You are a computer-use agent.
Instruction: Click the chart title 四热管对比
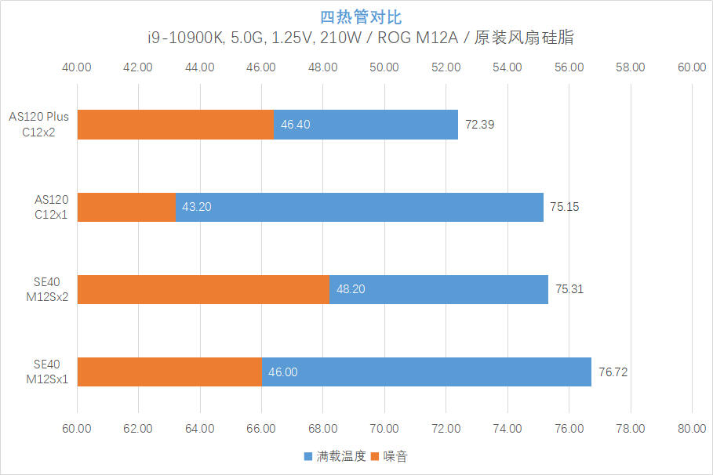(361, 17)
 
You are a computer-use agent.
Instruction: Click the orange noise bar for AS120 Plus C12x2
(176, 125)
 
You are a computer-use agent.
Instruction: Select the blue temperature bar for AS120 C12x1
(359, 207)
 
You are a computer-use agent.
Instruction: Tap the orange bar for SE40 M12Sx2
(203, 289)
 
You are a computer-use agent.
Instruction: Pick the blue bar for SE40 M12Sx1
(427, 372)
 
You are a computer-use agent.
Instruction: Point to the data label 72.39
(479, 125)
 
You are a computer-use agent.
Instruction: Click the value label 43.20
(196, 207)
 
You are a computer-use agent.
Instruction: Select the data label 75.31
(569, 289)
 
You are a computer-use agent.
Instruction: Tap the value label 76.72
(613, 372)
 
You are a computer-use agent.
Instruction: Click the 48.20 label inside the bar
(351, 289)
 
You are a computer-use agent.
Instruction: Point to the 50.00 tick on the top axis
(384, 67)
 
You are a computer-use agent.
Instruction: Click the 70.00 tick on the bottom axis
(384, 429)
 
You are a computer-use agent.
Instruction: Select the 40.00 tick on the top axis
(76, 67)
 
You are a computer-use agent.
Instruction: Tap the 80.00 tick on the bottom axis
(692, 429)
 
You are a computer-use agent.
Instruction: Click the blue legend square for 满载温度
(307, 456)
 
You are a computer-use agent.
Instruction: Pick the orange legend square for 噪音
(375, 456)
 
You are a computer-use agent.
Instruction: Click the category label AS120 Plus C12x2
(38, 125)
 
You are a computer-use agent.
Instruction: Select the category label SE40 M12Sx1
(47, 372)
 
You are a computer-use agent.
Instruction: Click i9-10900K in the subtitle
(186, 38)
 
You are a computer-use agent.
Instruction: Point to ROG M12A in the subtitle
(417, 38)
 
